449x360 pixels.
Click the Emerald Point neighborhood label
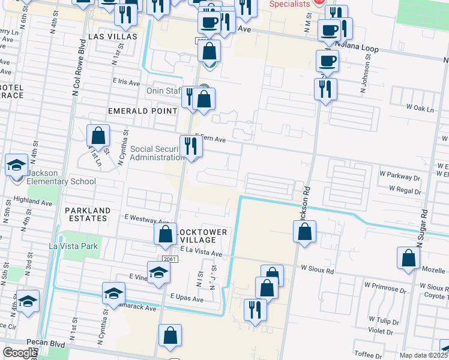pos(142,111)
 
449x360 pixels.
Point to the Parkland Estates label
pos(88,214)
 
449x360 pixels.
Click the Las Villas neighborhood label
pos(112,37)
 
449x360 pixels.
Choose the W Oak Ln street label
pos(420,108)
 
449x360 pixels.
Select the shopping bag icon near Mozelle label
pos(408,258)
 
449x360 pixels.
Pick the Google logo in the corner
pos(20,353)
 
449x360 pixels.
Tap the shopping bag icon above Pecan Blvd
pos(170,336)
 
